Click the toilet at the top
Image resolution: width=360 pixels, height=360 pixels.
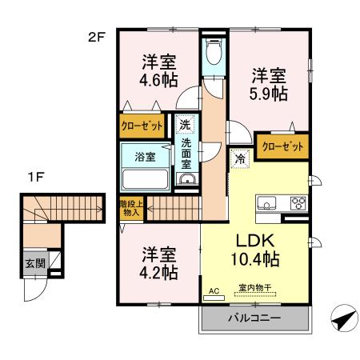tap(212, 54)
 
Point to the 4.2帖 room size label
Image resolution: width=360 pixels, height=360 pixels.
tap(159, 271)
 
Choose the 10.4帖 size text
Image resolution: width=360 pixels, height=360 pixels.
tap(254, 259)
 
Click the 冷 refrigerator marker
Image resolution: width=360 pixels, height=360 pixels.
tap(238, 158)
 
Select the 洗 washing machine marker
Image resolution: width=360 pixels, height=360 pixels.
tap(185, 125)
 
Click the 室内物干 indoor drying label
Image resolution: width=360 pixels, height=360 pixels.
tap(254, 288)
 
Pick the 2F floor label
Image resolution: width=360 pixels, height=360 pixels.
tap(97, 37)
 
